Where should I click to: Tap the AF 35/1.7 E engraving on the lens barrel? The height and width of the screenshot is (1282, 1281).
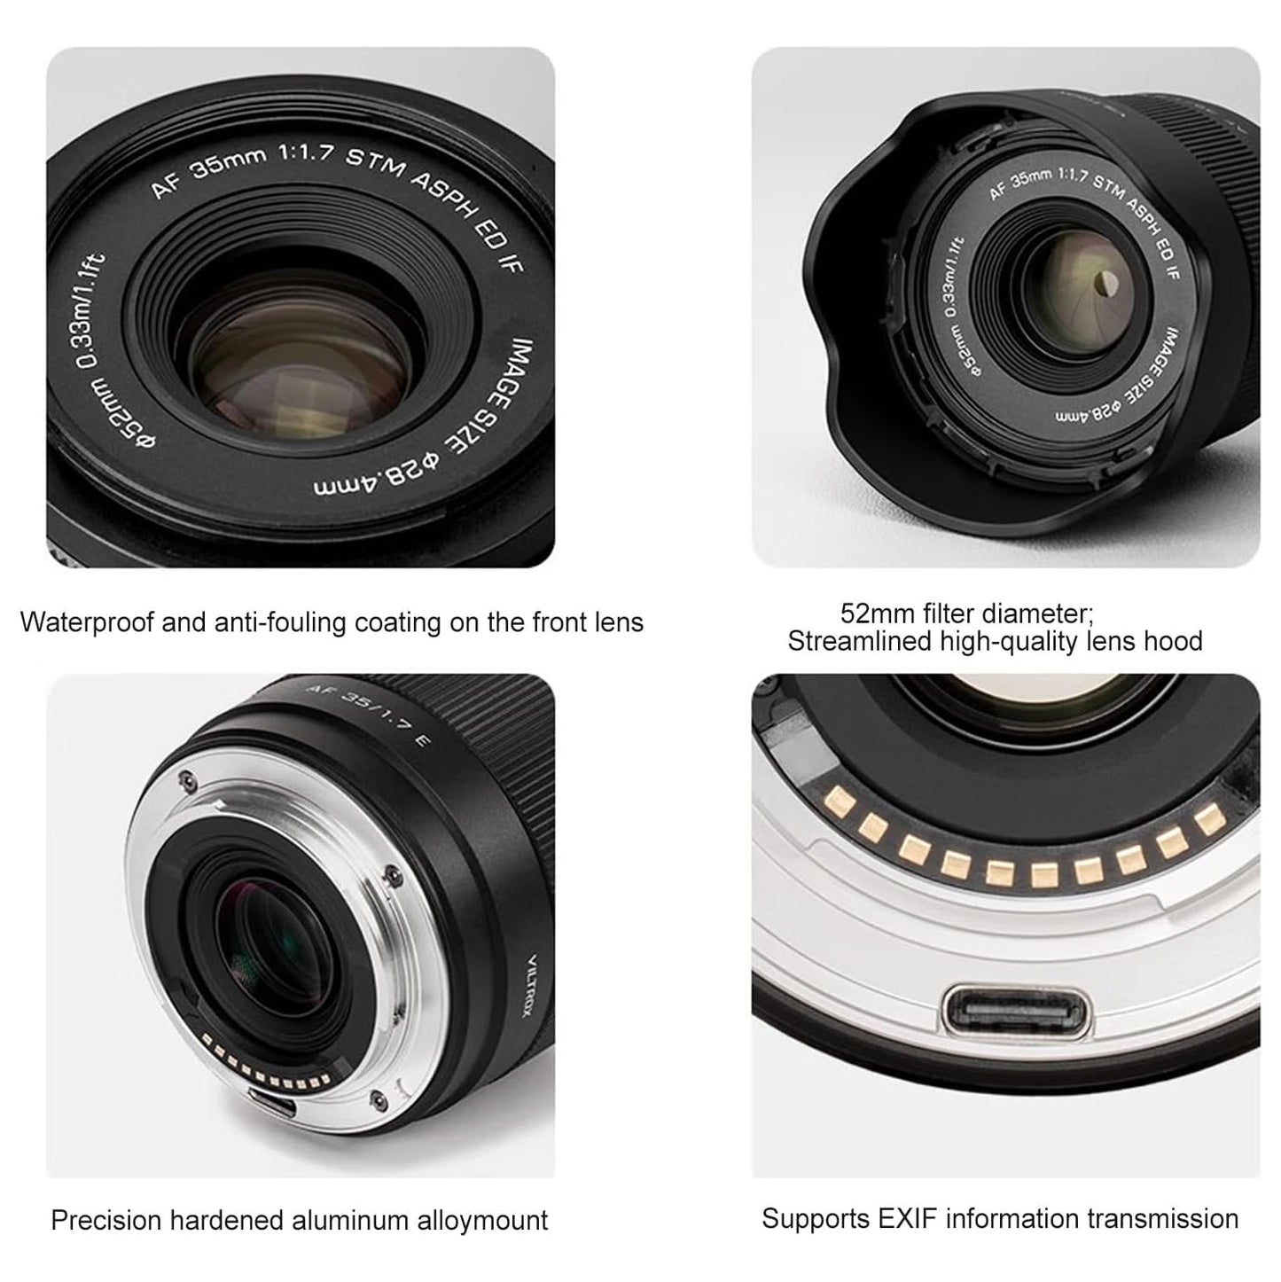(367, 713)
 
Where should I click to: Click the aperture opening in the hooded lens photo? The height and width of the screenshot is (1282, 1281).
(1104, 284)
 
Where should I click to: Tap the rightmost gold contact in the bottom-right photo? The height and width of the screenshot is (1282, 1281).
(1205, 819)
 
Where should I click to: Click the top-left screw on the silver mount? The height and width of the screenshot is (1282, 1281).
(184, 781)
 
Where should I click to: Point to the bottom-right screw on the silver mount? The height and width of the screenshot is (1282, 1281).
(380, 1100)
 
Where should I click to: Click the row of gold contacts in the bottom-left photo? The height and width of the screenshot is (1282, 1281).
(266, 1068)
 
